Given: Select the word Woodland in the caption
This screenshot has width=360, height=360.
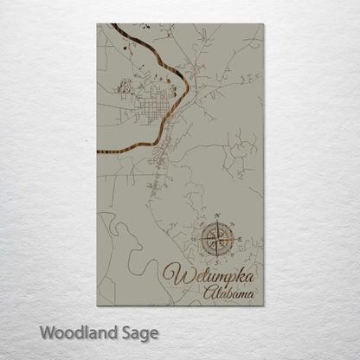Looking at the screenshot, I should pyautogui.click(x=70, y=331).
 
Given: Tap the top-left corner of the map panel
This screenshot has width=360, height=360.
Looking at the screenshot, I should pyautogui.click(x=98, y=24).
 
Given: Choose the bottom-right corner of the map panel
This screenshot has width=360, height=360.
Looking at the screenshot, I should pyautogui.click(x=264, y=305).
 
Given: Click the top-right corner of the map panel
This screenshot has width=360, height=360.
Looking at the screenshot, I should pyautogui.click(x=264, y=24).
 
